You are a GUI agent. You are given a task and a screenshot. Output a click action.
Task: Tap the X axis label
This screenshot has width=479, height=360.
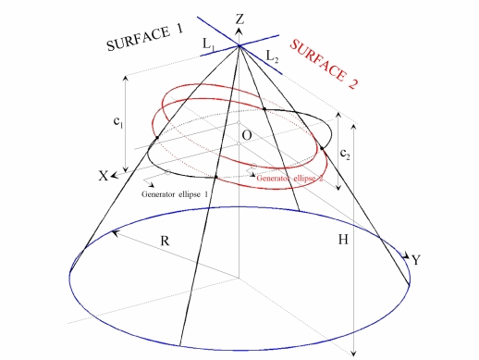[x=104, y=177]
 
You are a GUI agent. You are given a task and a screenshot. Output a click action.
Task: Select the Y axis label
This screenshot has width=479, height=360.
[x=416, y=261]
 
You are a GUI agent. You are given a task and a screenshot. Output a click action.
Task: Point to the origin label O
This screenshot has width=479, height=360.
[x=246, y=136]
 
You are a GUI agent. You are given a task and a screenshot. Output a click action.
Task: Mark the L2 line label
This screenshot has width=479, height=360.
[x=272, y=57]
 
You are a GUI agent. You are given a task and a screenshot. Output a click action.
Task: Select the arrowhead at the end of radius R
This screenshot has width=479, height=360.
[x=112, y=234]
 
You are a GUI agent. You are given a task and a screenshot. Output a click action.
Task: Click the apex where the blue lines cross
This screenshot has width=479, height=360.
[x=239, y=43]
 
